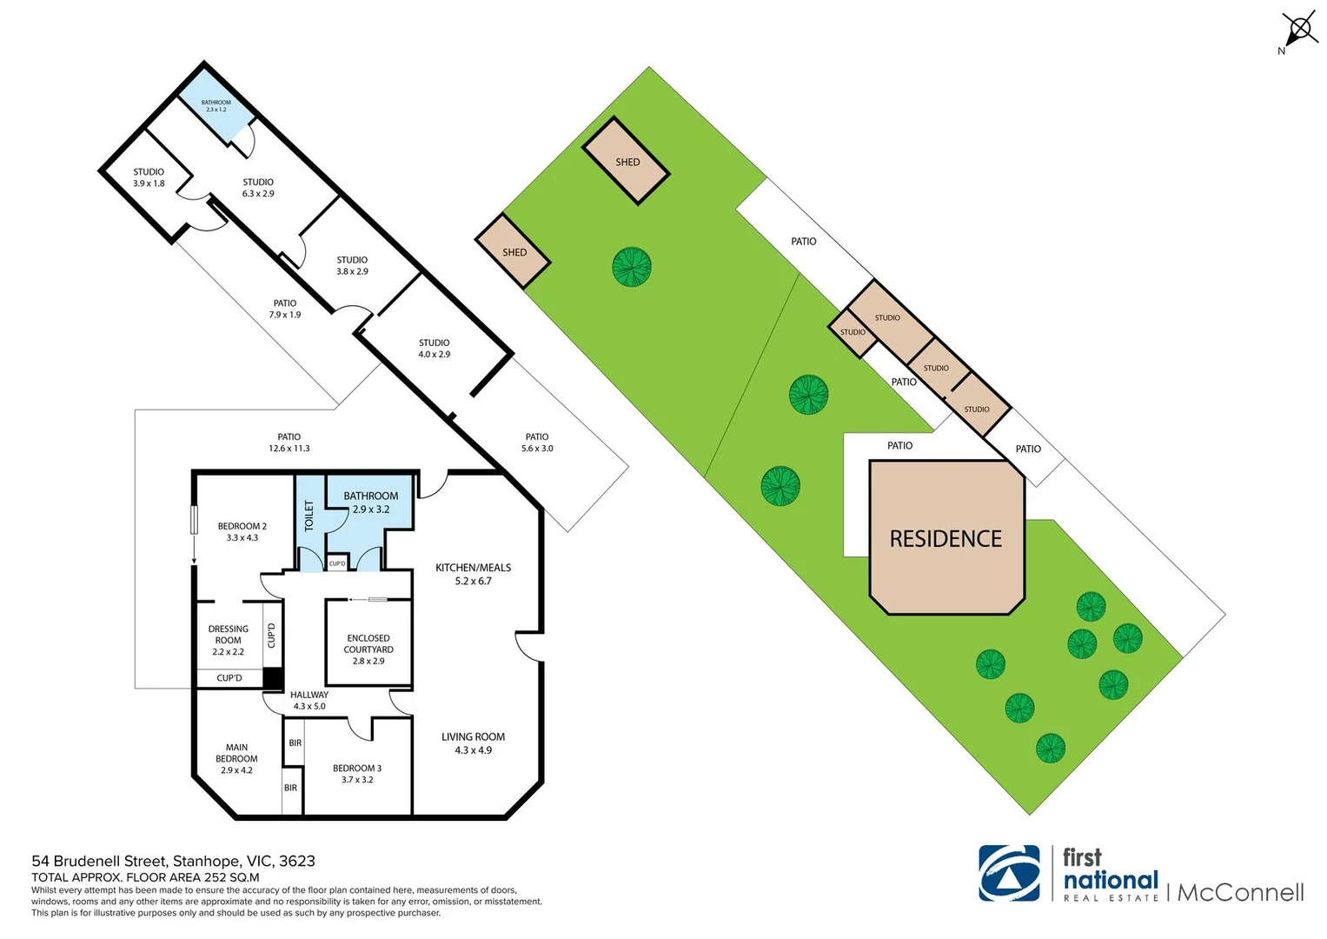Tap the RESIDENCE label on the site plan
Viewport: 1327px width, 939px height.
tap(945, 539)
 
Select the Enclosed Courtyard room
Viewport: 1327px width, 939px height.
tap(368, 643)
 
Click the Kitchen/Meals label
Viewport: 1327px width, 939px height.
tap(473, 574)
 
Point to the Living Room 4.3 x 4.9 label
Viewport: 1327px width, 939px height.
tap(473, 743)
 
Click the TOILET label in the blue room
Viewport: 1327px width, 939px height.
tap(309, 516)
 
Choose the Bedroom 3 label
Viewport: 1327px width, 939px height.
tap(356, 774)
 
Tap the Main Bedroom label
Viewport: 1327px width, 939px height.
tap(236, 758)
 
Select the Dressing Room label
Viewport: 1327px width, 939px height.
tap(228, 640)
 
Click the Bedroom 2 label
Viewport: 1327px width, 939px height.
tap(242, 531)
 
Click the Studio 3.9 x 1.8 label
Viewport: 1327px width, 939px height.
tap(149, 177)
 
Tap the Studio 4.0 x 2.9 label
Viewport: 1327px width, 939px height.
tap(434, 348)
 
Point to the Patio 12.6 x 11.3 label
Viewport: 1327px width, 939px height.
tap(289, 443)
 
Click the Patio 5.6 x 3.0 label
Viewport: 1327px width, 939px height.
tap(536, 443)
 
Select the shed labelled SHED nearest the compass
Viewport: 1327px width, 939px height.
tap(626, 161)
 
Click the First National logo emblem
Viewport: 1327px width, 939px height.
tap(1009, 873)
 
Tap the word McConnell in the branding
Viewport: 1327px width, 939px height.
tap(1240, 893)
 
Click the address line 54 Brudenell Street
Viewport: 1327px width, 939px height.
tap(173, 861)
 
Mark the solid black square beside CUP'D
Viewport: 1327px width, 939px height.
tap(273, 678)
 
